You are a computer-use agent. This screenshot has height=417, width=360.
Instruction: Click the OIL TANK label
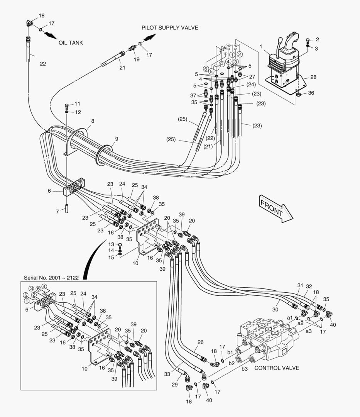[71, 43]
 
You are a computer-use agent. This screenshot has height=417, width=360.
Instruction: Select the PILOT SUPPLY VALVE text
[170, 28]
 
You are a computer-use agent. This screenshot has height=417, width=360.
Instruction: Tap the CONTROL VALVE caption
[277, 368]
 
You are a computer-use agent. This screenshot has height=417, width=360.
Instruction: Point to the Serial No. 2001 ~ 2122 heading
[51, 278]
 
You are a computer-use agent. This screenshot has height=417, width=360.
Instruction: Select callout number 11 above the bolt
[77, 104]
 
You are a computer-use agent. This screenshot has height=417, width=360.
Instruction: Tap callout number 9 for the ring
[117, 139]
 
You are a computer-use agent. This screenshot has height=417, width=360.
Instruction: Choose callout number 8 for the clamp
[92, 121]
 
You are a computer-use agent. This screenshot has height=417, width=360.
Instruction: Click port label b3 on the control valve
[245, 369]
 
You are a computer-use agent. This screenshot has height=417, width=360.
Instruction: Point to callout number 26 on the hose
[200, 342]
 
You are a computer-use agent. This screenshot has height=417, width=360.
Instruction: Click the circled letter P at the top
[222, 64]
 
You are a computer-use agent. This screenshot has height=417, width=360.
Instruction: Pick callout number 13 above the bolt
[112, 244]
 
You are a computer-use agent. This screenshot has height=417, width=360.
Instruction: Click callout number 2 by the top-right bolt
[317, 39]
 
